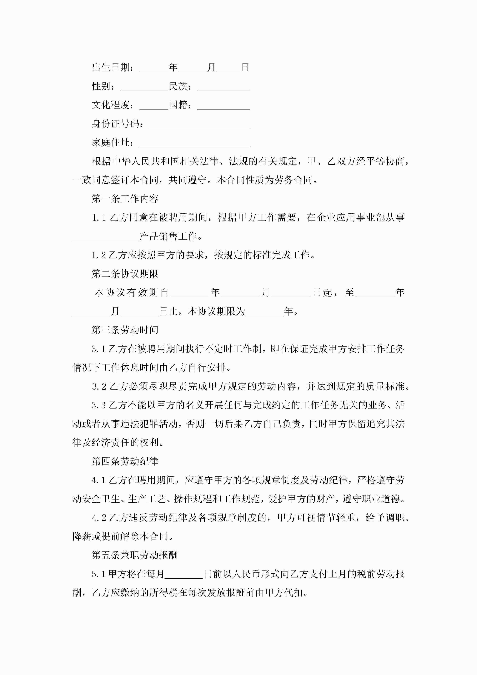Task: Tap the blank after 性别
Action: [144, 87]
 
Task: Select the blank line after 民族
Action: [223, 87]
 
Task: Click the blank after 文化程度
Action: [154, 106]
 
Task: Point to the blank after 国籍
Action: [223, 106]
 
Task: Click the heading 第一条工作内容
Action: [125, 199]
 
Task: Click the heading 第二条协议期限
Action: [125, 274]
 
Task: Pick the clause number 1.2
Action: [98, 255]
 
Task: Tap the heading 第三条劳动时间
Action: [125, 330]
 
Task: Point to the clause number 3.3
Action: [98, 405]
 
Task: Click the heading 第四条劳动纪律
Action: [125, 462]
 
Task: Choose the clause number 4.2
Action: [99, 518]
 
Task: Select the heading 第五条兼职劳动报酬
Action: [135, 555]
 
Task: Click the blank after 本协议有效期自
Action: [190, 293]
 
